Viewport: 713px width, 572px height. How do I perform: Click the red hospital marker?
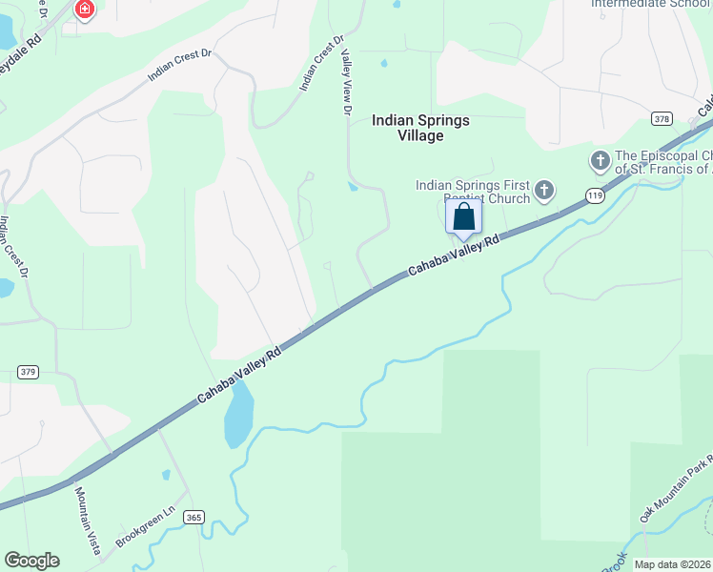86,10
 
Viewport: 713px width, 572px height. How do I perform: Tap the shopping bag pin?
463,218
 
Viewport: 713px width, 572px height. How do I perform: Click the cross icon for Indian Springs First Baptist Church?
543,191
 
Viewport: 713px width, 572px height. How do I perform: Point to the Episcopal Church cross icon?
601,160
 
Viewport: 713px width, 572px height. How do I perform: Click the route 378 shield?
662,118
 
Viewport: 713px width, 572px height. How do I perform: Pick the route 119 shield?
595,195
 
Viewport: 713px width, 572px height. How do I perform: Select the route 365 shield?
194,517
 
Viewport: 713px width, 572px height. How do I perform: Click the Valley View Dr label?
346,83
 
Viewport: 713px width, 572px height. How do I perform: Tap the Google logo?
31,561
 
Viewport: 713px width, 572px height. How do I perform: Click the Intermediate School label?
651,4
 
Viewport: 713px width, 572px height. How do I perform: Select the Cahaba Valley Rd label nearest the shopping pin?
454,256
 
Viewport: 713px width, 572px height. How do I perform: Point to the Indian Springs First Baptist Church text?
473,192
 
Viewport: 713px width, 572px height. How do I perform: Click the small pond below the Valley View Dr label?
353,187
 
